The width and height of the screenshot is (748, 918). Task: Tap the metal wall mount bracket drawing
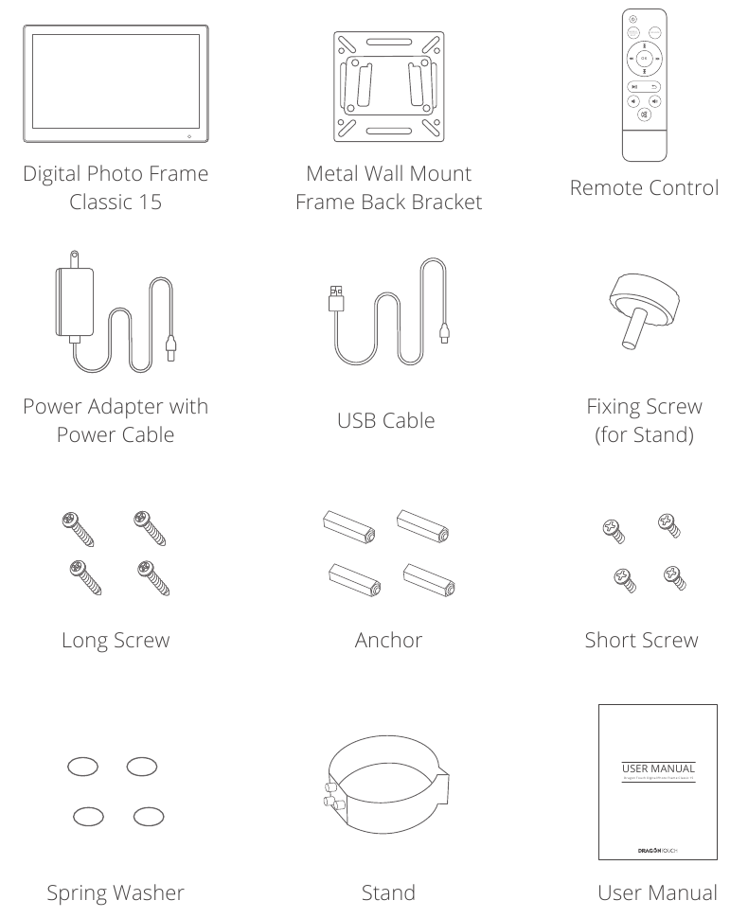(x=387, y=85)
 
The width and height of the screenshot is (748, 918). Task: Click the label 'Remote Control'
(x=644, y=187)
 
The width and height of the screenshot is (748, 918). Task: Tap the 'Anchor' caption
(x=386, y=640)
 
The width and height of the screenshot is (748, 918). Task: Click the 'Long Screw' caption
(x=115, y=640)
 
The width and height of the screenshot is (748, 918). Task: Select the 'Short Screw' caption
(x=644, y=640)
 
